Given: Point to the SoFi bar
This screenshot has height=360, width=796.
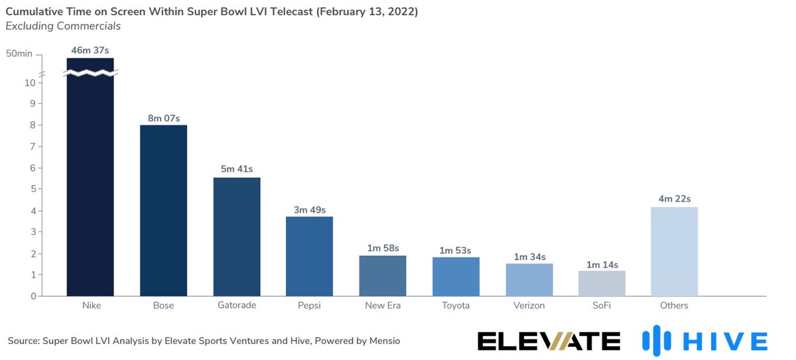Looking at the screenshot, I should tap(602, 283).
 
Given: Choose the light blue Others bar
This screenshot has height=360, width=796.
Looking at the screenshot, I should tap(674, 251).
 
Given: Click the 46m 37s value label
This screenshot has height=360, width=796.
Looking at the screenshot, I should tap(90, 50).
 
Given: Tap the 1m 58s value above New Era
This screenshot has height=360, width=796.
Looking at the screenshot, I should tap(383, 248).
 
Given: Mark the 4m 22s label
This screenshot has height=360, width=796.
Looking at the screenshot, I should tap(674, 199).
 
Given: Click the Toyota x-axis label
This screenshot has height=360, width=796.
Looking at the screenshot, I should tap(456, 306).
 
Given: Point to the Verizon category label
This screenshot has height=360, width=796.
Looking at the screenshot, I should tap(529, 306).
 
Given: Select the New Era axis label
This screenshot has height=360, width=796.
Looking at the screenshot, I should tap(383, 306).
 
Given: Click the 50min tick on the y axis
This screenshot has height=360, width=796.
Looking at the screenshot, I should tap(19, 54).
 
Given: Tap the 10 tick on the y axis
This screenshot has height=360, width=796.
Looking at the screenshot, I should tap(30, 83).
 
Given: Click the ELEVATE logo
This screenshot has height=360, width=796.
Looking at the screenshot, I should tap(549, 341).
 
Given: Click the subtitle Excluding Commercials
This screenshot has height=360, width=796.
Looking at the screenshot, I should tap(63, 26).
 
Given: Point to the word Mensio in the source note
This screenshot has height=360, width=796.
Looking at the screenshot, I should tap(383, 341).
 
